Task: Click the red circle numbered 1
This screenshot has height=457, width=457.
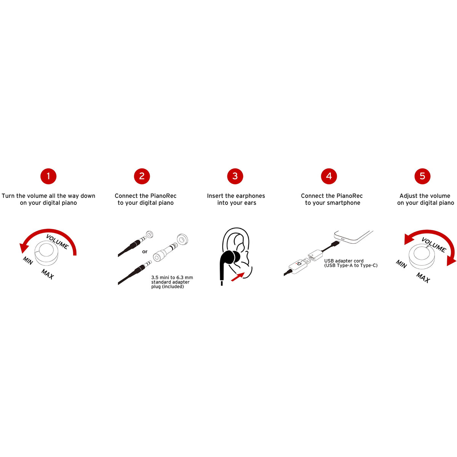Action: tap(48, 176)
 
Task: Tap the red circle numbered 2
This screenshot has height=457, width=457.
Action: tap(142, 176)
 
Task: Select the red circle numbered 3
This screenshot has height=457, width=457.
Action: tap(235, 176)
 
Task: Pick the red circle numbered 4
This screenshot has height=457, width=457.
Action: tap(329, 176)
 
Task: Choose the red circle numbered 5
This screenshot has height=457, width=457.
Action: tap(422, 176)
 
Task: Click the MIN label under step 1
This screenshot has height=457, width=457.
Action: tap(28, 260)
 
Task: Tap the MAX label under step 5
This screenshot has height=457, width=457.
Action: tap(423, 278)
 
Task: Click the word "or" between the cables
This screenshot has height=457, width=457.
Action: tap(145, 252)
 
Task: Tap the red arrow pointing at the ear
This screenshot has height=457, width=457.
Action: tap(237, 277)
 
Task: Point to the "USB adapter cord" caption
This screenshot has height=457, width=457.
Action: tap(344, 261)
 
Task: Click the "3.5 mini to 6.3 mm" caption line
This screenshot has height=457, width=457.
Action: tap(172, 278)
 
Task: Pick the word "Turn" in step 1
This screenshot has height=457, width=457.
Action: tap(8, 196)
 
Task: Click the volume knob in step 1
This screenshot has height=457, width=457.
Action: tap(46, 253)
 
